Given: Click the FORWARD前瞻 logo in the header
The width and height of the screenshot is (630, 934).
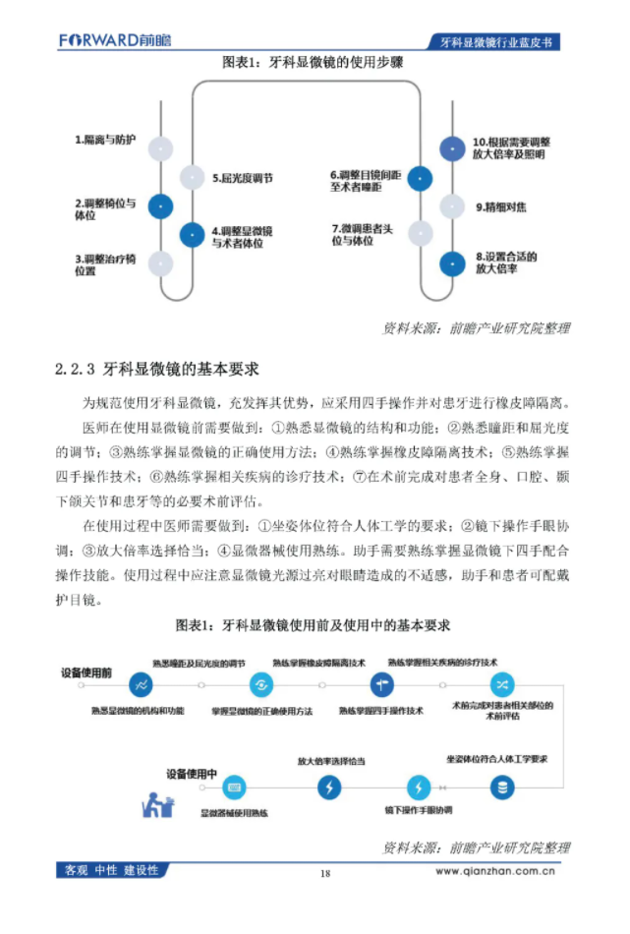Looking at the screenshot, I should click(x=114, y=40).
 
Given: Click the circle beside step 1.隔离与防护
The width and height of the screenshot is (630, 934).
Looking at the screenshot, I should click(x=160, y=148).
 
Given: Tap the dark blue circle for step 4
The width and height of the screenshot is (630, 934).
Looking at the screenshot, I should click(x=192, y=235).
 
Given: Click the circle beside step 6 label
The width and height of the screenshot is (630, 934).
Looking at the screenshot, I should click(x=420, y=178).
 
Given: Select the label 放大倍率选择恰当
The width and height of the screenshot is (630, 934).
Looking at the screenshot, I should click(x=331, y=761).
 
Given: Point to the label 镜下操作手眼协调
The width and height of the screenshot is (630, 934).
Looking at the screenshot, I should click(x=418, y=810).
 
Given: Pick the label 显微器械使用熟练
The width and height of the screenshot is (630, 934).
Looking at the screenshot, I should click(x=234, y=813).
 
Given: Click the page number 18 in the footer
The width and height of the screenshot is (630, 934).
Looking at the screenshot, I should click(x=325, y=872).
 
